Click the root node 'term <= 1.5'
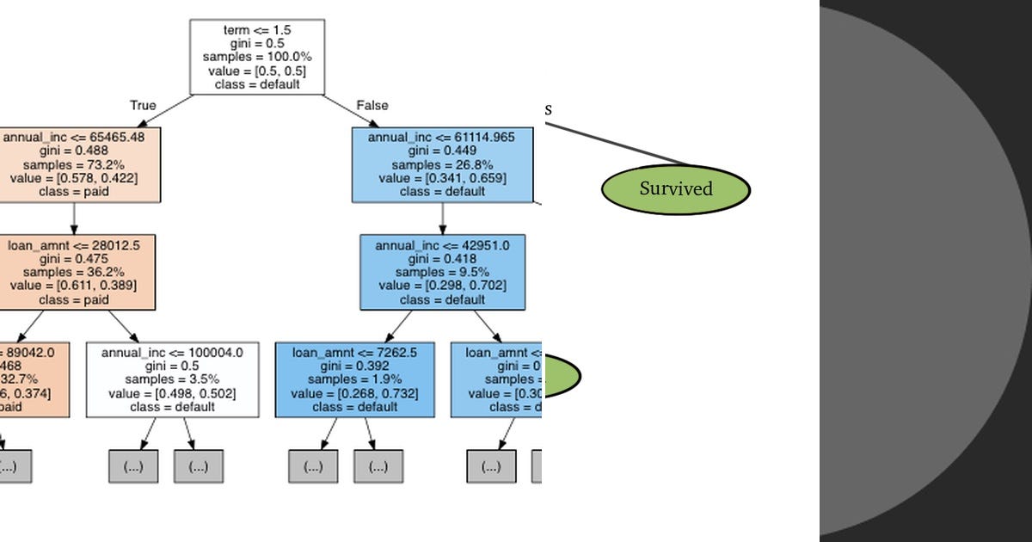click(x=257, y=57)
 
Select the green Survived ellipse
click(x=675, y=188)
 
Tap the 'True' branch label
click(x=143, y=105)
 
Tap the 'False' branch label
click(x=372, y=105)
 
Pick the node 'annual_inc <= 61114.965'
click(x=442, y=164)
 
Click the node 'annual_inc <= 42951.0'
click(x=442, y=272)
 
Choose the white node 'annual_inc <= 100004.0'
click(x=172, y=379)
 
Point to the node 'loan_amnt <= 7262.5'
click(x=354, y=379)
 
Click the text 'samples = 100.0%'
click(x=257, y=57)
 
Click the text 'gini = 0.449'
click(x=442, y=151)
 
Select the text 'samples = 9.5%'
click(x=442, y=272)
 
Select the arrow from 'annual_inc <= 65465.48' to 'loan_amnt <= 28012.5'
click(x=74, y=218)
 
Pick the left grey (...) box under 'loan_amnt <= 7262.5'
click(x=313, y=466)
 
